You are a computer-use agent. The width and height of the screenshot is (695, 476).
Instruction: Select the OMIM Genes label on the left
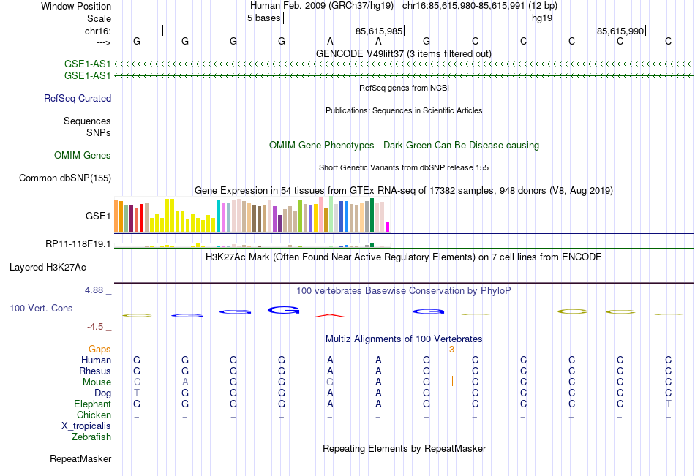coord(83,156)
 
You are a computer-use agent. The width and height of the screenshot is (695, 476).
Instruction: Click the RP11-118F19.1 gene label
coord(78,244)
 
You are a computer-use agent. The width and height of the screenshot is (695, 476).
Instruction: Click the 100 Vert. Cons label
coord(41,309)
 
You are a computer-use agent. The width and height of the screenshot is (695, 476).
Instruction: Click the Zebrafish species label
coord(91,437)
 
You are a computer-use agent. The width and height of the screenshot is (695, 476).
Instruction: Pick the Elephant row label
coord(92,404)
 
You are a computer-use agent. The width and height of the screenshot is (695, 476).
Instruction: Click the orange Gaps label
coord(99,350)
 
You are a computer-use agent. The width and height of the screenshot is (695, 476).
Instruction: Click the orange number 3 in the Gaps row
coord(452,350)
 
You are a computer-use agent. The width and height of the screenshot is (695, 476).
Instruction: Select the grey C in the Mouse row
coord(137,382)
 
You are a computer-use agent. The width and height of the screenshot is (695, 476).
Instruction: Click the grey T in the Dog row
coord(137,393)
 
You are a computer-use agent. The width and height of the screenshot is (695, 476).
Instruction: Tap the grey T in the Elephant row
coord(668,404)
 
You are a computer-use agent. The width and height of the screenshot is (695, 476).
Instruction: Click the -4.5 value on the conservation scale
coord(99,327)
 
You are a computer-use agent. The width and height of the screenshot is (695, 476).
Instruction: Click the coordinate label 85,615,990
coord(620,31)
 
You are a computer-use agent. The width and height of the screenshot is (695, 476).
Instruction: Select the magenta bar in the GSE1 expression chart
coord(388,227)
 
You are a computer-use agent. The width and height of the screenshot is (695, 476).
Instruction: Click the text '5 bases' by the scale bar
coord(263,18)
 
